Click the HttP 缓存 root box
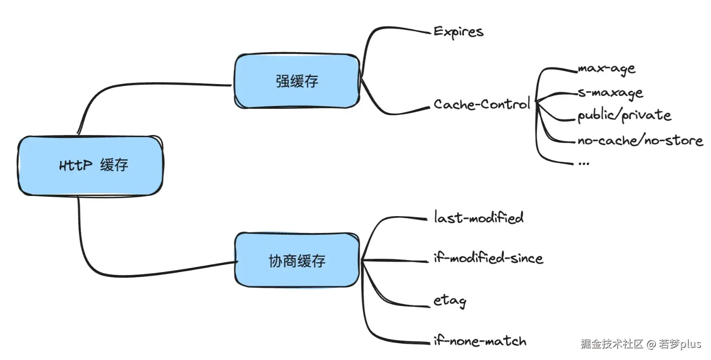coord(90,165)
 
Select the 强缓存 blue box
coord(297,81)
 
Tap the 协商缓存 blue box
coord(297,260)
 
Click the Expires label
coord(458,32)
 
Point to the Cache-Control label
coord(481,104)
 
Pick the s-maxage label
coord(610,93)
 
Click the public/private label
coord(624,115)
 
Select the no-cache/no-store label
coord(640,140)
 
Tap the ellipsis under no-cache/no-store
coord(584,163)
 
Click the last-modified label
coord(478,217)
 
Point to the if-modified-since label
coord(488,257)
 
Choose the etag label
coord(449,300)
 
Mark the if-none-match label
coord(479,341)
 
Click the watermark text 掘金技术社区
coord(612,344)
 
